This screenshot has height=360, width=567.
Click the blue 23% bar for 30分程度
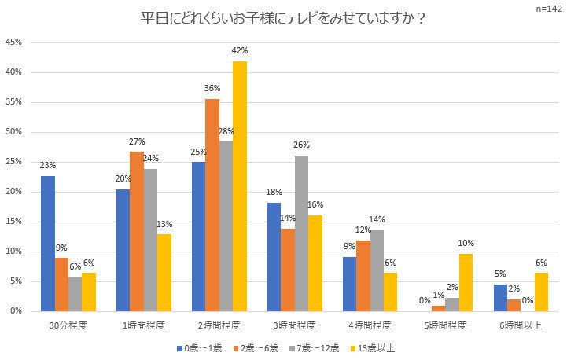[48, 244]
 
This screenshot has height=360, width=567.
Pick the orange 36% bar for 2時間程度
[212, 205]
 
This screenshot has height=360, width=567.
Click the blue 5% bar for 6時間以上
[501, 297]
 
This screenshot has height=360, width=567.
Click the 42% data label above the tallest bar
[240, 51]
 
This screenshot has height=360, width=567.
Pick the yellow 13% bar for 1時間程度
[164, 273]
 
